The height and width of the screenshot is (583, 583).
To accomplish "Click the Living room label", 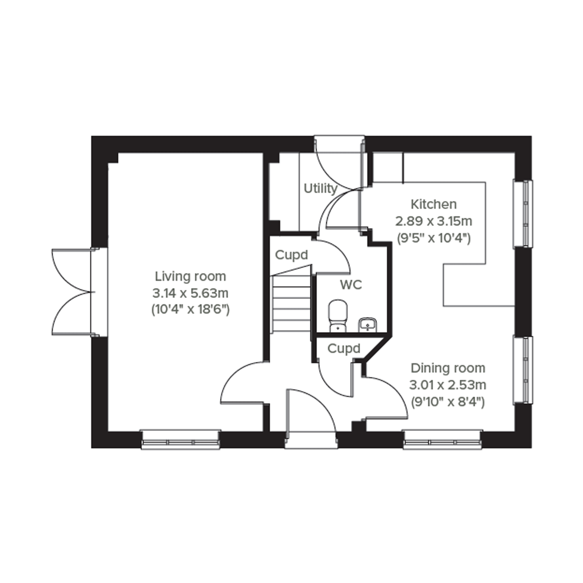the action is tap(190, 276).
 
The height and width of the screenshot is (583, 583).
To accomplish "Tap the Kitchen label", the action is tap(434, 205).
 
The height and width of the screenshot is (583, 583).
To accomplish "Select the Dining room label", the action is tap(448, 368).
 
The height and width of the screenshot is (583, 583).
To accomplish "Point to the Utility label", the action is tap(320, 189).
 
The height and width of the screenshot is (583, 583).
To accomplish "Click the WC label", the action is tap(351, 285).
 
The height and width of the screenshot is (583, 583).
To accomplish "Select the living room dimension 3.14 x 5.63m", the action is tap(190, 293).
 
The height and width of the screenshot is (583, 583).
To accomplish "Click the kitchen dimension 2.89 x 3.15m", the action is tap(434, 221).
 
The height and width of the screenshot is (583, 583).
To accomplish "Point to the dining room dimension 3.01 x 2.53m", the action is tap(448, 385).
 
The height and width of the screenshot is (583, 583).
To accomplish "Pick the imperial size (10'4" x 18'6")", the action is tap(190, 309).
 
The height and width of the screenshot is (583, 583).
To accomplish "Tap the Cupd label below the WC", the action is tap(344, 349).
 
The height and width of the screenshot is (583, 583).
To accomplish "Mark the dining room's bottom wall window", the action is tap(443, 440).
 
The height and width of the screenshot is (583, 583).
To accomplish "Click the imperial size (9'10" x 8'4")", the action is tap(448, 402).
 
